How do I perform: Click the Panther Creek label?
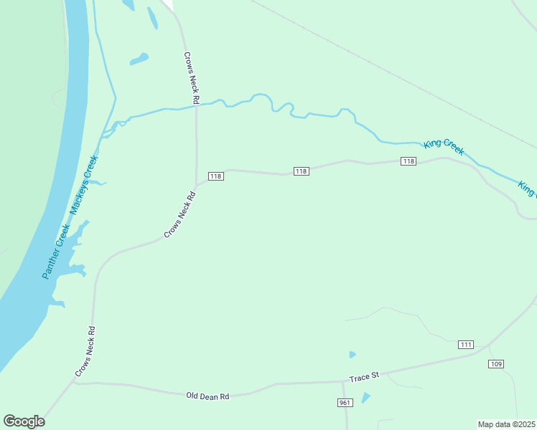point(55,252)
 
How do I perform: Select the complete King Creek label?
point(444,146)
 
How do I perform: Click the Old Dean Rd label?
point(207,396)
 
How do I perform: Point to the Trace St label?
point(364,377)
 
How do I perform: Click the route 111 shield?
point(466,345)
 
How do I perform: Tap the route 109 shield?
point(496,364)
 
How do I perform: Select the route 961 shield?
point(345,403)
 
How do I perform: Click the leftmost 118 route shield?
point(215,176)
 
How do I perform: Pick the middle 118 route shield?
point(301,171)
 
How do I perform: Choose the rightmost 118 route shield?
point(408,161)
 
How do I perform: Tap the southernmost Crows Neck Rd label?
point(85,352)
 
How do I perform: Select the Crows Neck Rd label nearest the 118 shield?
point(180,214)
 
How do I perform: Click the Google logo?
point(24,421)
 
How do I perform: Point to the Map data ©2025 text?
point(506,424)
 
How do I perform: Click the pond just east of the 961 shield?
point(365,398)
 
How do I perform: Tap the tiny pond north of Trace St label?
point(352,355)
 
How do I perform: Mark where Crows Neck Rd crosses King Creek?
point(196,105)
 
